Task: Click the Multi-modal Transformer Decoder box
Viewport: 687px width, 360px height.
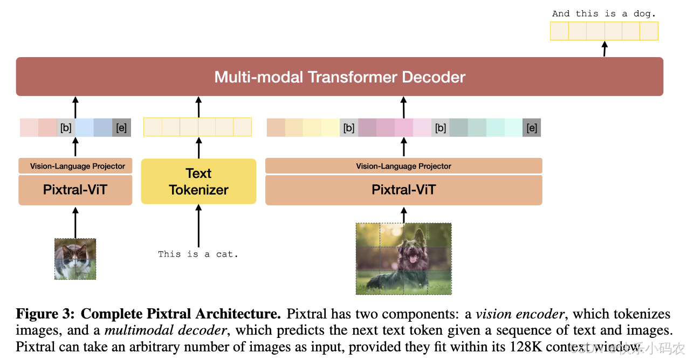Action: (x=339, y=77)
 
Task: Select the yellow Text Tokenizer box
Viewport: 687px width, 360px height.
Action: (x=198, y=182)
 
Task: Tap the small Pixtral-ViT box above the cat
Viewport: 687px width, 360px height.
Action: (x=75, y=190)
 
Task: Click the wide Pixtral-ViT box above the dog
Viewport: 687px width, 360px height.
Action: (x=403, y=190)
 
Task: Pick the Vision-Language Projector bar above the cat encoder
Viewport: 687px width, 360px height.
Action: (x=75, y=166)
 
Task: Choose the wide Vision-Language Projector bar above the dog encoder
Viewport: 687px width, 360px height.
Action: (x=403, y=166)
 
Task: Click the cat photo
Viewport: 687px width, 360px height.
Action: (x=75, y=259)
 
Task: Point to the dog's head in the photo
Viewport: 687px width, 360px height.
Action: (x=412, y=249)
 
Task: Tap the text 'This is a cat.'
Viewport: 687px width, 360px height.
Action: (x=198, y=254)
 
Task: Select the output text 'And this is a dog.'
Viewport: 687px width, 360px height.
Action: (x=603, y=13)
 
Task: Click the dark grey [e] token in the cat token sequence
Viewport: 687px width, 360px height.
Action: (x=121, y=128)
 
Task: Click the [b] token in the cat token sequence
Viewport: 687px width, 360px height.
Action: (x=66, y=128)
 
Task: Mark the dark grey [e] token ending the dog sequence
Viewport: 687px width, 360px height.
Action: (x=532, y=128)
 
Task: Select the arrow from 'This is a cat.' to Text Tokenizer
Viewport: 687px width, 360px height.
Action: (x=198, y=226)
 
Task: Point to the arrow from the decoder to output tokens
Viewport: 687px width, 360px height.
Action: (x=604, y=49)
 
